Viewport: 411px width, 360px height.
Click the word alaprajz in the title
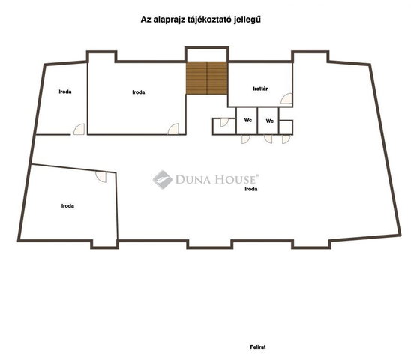[169, 20]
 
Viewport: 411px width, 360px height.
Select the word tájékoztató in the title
[210, 20]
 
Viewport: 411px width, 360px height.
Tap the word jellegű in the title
[247, 20]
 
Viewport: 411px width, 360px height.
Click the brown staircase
[206, 78]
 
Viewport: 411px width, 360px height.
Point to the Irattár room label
[260, 88]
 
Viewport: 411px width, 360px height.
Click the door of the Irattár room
[286, 98]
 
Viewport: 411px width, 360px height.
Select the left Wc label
[248, 120]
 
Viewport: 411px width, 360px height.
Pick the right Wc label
[270, 121]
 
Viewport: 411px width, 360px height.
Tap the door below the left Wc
[245, 139]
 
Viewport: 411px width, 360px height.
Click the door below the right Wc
[268, 139]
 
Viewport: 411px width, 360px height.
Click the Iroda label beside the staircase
[139, 92]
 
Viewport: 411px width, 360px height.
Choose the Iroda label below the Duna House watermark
[250, 189]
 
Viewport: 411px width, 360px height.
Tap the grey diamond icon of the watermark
[163, 179]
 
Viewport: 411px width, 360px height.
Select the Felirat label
[258, 347]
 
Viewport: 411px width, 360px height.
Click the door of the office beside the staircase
[173, 129]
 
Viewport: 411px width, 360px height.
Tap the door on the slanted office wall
[101, 177]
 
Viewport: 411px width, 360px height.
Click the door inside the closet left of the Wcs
[224, 122]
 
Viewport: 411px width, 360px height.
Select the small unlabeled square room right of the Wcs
[286, 127]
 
